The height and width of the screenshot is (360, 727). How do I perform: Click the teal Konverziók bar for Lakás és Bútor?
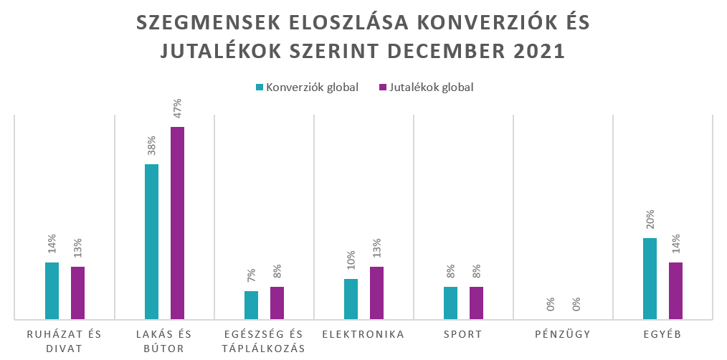point(151,242)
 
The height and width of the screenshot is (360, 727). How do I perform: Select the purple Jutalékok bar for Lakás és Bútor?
point(177,223)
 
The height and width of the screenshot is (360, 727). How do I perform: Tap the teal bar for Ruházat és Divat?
point(52,290)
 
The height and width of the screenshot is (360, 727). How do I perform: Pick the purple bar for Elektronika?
point(376,293)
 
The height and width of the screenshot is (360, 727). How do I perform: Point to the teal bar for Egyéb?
point(650,278)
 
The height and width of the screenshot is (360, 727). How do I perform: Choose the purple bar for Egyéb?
point(675,290)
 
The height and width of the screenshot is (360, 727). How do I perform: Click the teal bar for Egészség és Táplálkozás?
point(251,305)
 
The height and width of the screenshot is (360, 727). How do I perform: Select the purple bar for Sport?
point(476,303)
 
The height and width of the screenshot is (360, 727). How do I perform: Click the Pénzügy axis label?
point(563,334)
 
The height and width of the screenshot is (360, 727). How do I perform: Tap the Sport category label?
point(463,334)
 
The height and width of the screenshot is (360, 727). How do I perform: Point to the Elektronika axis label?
point(363,334)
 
